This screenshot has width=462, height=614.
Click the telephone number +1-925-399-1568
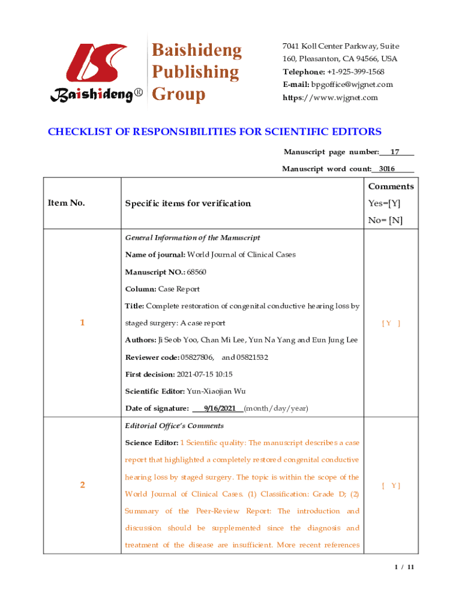(x=355, y=72)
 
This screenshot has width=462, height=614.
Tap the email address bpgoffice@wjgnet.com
(x=352, y=85)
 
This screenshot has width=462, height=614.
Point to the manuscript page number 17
(x=395, y=152)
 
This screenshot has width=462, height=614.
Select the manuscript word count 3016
(x=387, y=169)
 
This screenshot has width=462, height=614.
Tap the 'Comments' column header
(x=391, y=186)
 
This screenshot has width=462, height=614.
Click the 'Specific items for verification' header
(x=188, y=203)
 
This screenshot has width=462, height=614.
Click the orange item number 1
(x=82, y=323)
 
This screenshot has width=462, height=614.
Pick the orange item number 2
(x=82, y=486)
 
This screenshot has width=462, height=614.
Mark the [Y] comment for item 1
(x=391, y=323)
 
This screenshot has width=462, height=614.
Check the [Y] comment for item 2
(x=391, y=486)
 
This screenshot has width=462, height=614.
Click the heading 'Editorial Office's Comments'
(x=174, y=426)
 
